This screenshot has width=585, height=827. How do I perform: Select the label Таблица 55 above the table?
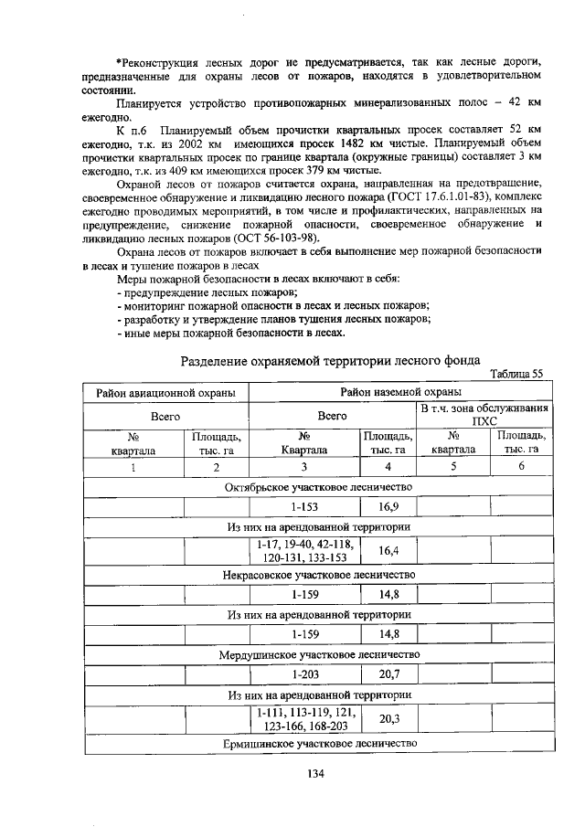[516, 373]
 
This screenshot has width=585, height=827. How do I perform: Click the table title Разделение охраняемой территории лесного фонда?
[330, 360]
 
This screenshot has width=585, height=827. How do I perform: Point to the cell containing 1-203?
[304, 675]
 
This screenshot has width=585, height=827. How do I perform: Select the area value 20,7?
[388, 675]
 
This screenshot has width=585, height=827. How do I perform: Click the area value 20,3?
[388, 719]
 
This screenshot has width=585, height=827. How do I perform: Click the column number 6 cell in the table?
[521, 467]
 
